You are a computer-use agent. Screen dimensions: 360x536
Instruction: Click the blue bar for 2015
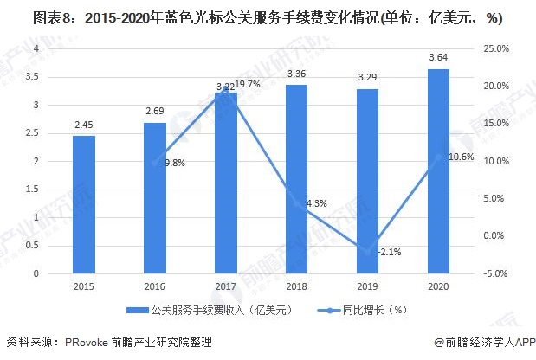click(x=84, y=204)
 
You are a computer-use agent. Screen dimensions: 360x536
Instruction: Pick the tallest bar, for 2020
click(x=438, y=170)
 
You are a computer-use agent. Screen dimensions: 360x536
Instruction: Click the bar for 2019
click(x=367, y=181)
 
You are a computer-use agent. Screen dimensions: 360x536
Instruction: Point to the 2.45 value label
click(x=84, y=125)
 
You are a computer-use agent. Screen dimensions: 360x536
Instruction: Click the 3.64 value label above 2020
click(x=438, y=58)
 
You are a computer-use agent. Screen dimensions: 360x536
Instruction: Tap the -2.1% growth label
click(x=388, y=252)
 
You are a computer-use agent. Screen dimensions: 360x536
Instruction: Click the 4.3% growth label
click(x=316, y=204)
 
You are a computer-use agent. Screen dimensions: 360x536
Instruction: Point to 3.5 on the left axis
click(x=36, y=77)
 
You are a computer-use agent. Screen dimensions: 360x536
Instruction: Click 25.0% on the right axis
click(x=496, y=48)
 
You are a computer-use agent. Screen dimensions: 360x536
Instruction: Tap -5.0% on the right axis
click(x=496, y=274)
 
